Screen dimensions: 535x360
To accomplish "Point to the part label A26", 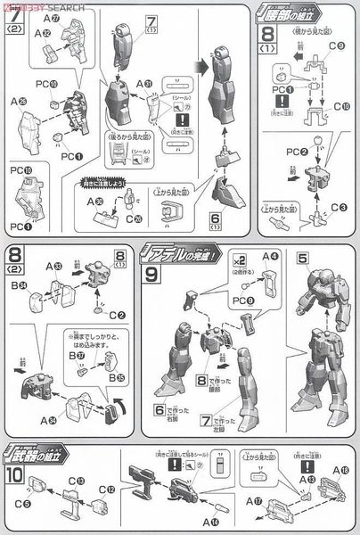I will pos(19,103).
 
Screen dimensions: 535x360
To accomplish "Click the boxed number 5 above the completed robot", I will pos(305,259).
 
